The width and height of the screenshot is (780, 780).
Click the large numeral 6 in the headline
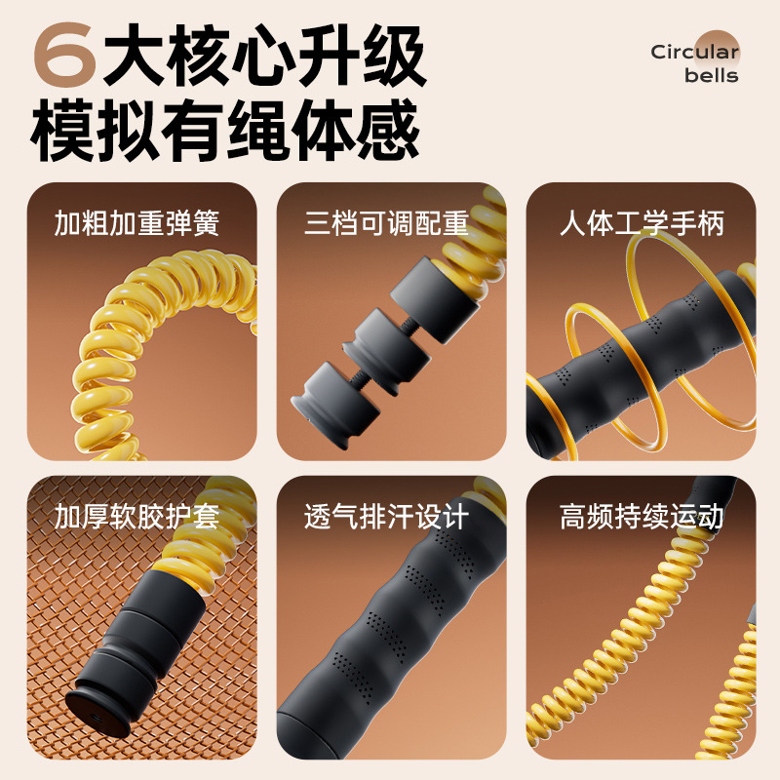click(64, 57)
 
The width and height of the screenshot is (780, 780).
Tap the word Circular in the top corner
click(694, 52)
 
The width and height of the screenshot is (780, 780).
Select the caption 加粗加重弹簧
click(136, 224)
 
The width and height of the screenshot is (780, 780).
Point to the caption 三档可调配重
click(387, 224)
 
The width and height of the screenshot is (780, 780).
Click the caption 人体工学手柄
click(642, 224)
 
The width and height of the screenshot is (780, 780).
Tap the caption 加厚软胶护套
click(136, 516)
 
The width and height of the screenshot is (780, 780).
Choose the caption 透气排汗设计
click(387, 516)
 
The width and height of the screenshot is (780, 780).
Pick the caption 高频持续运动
click(642, 516)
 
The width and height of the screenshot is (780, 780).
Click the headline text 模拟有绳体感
click(226, 131)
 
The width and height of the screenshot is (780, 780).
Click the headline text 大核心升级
click(265, 57)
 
